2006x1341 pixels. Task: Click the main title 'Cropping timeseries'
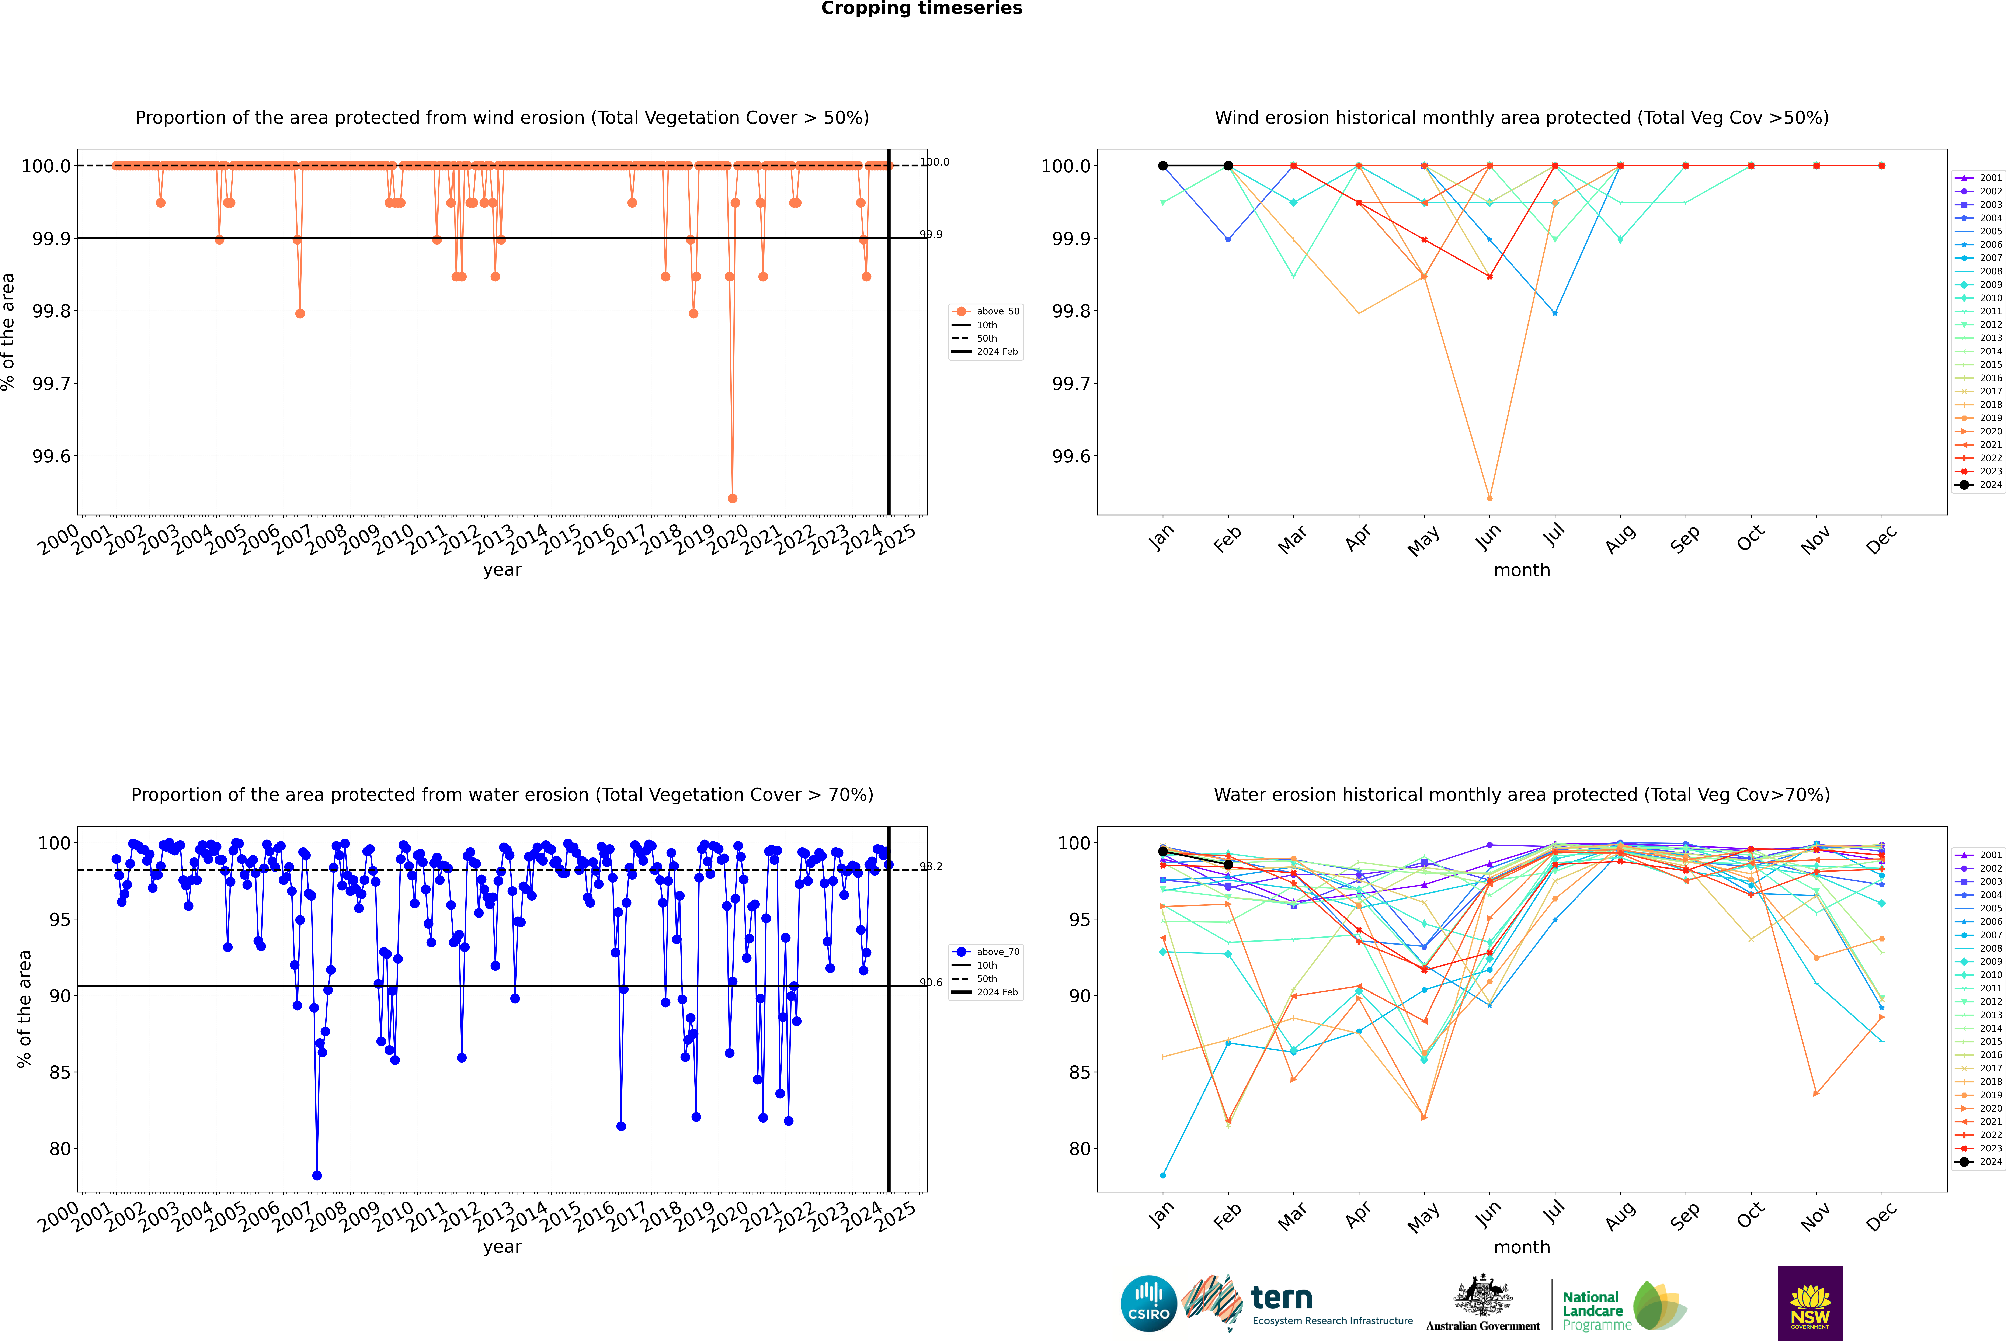(x=921, y=8)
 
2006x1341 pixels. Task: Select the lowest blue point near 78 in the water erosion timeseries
(x=317, y=1175)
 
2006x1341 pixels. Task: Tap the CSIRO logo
(x=1148, y=1303)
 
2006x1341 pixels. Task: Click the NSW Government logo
(x=1810, y=1303)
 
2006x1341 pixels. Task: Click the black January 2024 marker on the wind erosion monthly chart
(x=1163, y=166)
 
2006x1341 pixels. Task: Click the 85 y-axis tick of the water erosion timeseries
(x=60, y=1073)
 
